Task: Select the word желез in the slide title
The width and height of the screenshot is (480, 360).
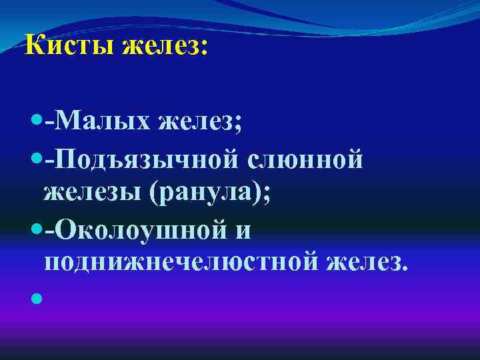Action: pos(165,47)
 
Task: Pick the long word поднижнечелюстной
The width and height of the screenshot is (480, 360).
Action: pos(179,264)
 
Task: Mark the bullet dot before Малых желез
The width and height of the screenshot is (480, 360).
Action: pos(35,121)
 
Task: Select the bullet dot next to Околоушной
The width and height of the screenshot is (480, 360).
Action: pos(35,229)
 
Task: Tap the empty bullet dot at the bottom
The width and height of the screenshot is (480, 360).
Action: pos(35,299)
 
